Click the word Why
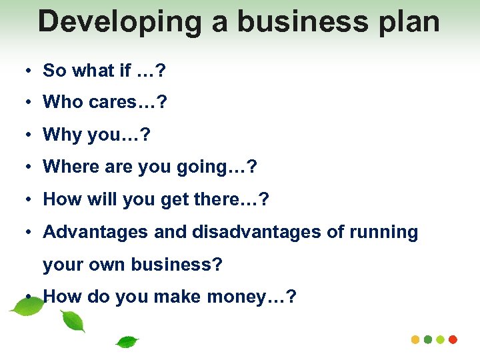(62, 135)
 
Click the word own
(105, 265)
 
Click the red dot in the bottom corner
(453, 339)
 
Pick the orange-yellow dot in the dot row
(416, 339)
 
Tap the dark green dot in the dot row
(428, 339)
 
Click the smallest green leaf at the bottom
(127, 343)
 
